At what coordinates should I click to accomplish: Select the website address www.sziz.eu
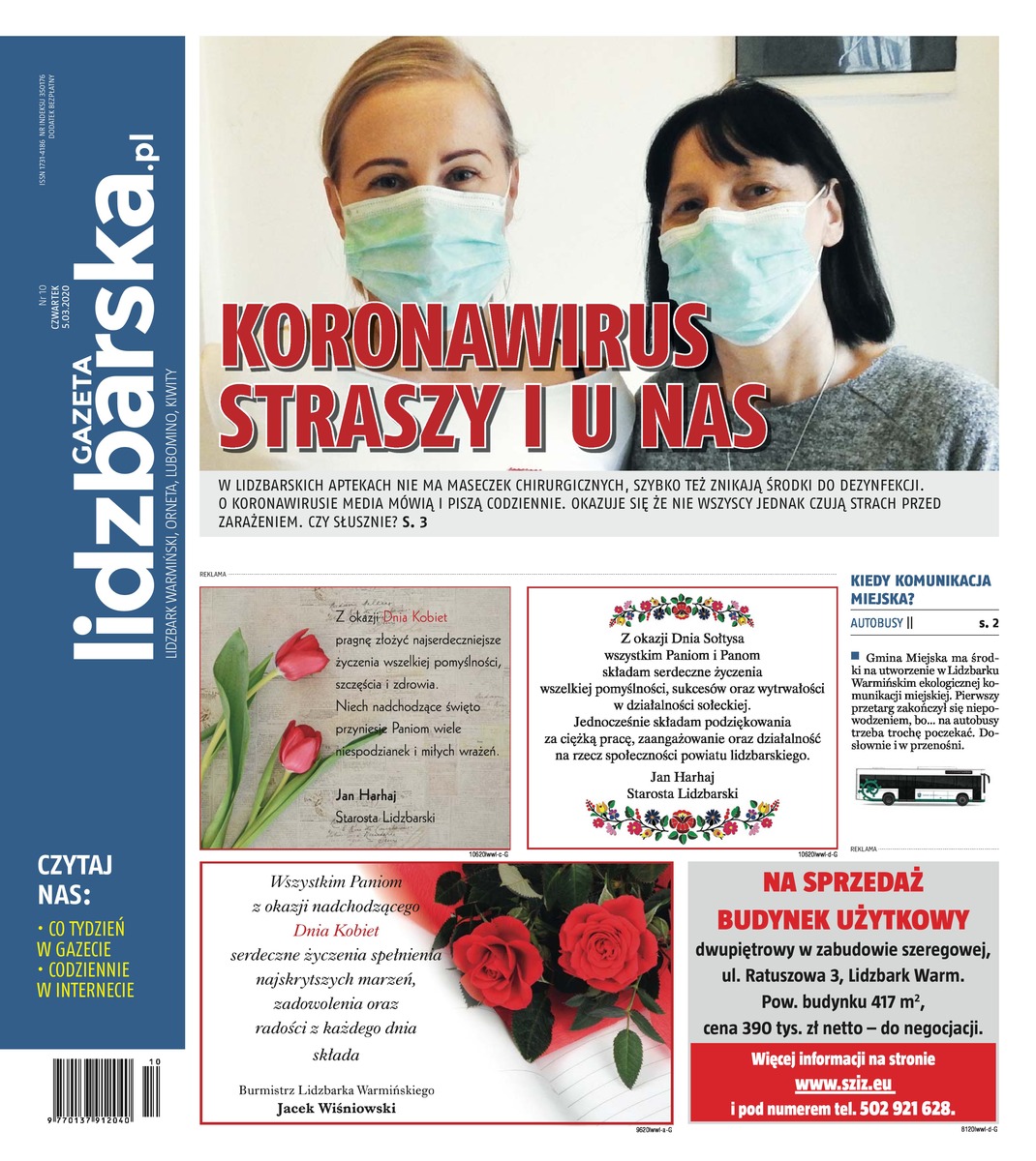pyautogui.click(x=842, y=1083)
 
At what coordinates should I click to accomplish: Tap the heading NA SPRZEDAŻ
pyautogui.click(x=842, y=882)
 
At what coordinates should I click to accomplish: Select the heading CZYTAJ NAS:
pyautogui.click(x=76, y=877)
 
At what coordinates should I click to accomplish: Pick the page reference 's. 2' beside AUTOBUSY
pyautogui.click(x=988, y=624)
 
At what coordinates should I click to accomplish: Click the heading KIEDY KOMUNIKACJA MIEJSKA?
pyautogui.click(x=920, y=589)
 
